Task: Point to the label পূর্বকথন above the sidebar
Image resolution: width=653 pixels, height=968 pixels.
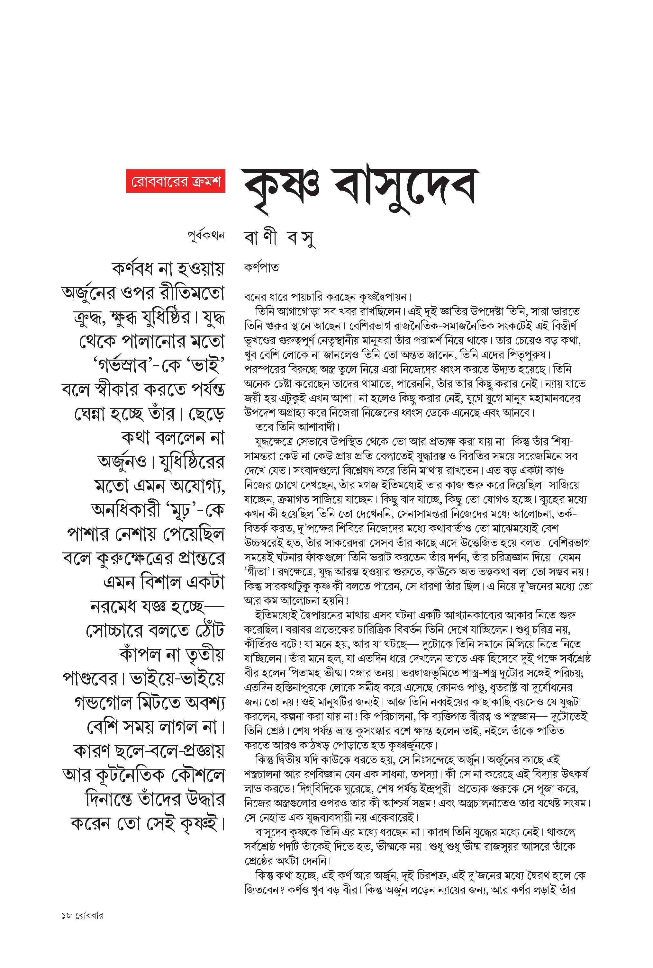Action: (206, 236)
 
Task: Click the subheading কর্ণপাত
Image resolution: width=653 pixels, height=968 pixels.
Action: (261, 267)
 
